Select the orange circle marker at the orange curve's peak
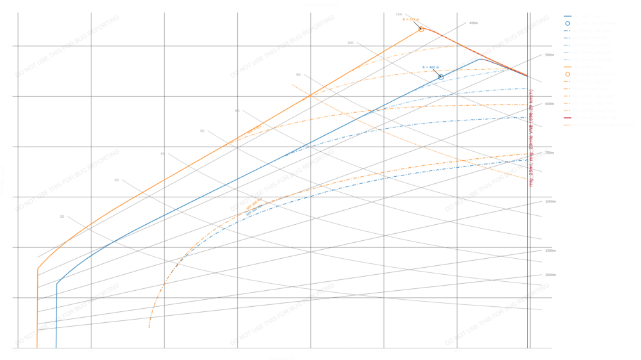[421, 29]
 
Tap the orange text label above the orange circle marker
[410, 20]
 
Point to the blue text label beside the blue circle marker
[430, 67]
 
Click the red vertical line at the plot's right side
[528, 192]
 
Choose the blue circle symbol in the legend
[567, 23]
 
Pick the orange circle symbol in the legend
[567, 74]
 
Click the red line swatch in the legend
[567, 118]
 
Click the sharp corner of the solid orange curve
[37, 269]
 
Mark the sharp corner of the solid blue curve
[56, 282]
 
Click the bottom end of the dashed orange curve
[149, 328]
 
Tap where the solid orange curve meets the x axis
[37, 347]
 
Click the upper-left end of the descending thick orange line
[292, 85]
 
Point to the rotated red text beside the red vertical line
[531, 138]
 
